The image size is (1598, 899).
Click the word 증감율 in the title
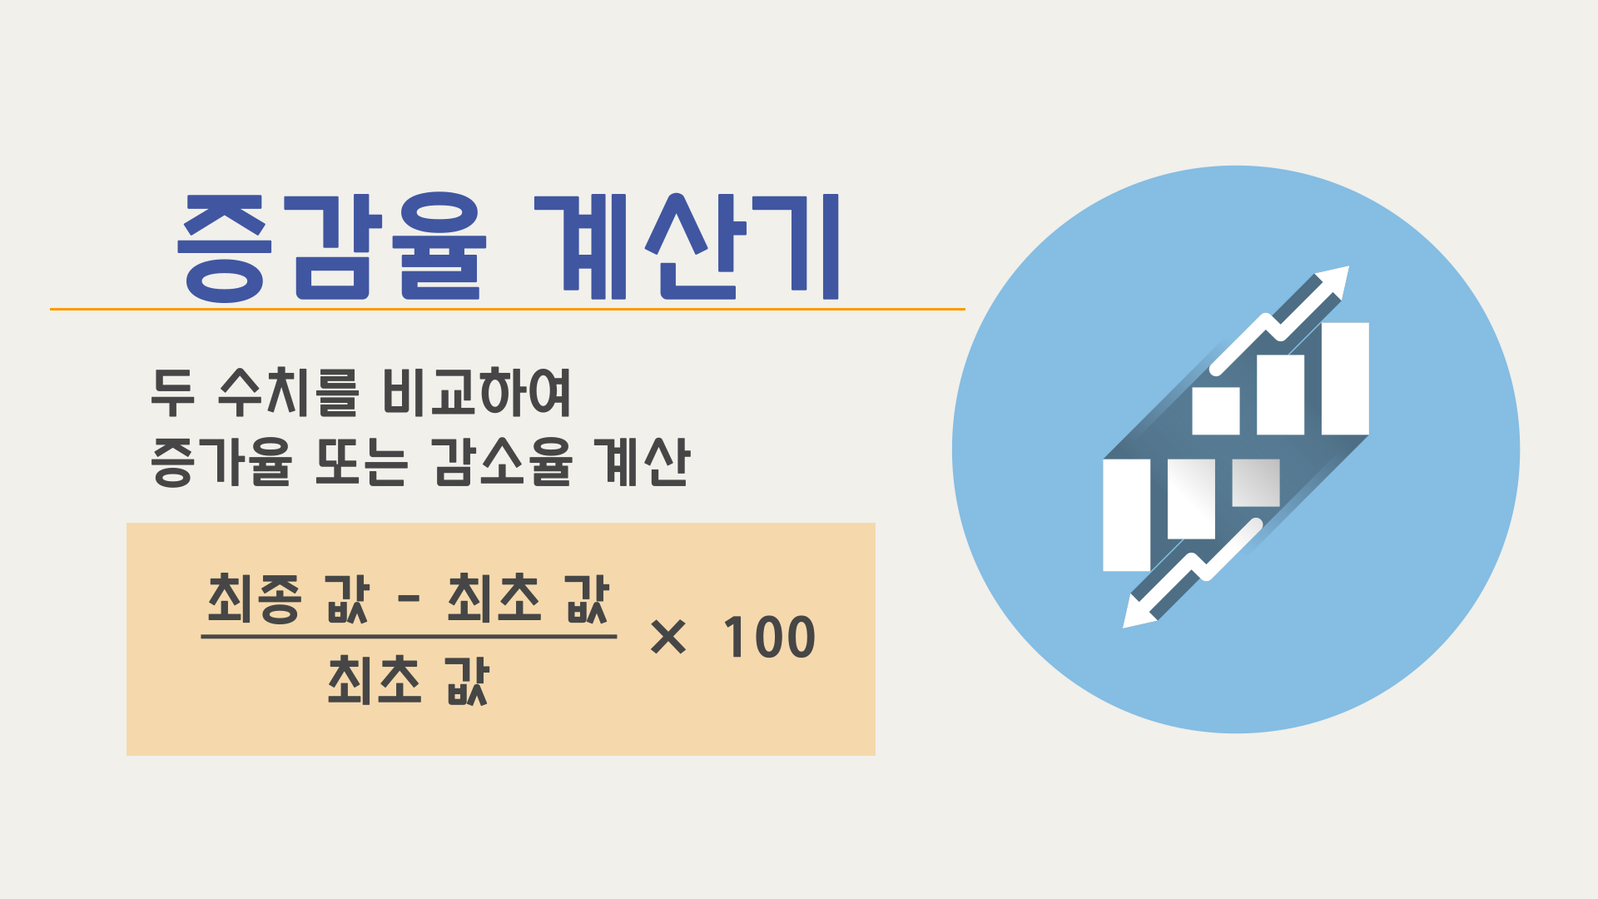331,247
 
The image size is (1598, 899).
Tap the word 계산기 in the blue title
687,247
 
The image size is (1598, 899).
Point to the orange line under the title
507,309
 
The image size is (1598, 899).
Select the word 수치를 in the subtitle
288,392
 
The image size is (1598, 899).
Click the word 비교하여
477,392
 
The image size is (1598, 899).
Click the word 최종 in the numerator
253,599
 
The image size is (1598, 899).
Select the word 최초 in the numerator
494,599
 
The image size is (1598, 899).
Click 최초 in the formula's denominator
375,680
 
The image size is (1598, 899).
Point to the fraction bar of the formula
408,637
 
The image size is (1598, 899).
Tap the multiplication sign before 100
667,638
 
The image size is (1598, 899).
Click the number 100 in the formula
769,638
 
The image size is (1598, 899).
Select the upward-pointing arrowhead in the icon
1332,281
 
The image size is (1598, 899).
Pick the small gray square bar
1255,483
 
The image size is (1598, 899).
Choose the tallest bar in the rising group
1345,379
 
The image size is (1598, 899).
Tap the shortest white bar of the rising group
1215,410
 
